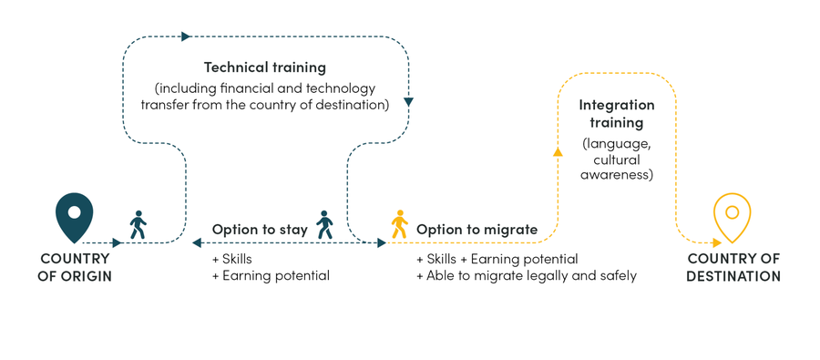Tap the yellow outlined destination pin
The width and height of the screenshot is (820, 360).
tap(732, 217)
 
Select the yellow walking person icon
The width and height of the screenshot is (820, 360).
tap(399, 224)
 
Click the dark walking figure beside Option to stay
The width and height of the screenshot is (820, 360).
tap(325, 224)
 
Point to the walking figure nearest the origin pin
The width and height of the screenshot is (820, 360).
tap(138, 224)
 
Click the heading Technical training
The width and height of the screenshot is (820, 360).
tap(264, 67)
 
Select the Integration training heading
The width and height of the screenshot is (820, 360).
tap(617, 114)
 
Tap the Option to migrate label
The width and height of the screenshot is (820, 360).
tap(477, 230)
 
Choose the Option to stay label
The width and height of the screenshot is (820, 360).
tap(260, 230)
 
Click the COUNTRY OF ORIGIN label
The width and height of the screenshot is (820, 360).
tap(76, 267)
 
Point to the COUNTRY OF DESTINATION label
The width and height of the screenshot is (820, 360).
tap(733, 267)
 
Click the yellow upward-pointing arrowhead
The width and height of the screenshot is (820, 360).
tap(558, 152)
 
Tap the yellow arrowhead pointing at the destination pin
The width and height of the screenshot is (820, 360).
tap(716, 242)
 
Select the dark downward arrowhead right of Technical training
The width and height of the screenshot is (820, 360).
tap(408, 102)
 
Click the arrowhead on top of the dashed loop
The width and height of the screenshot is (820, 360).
tap(186, 36)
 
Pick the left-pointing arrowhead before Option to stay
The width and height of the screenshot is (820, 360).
tap(197, 242)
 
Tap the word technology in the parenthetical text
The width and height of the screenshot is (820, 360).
tap(338, 88)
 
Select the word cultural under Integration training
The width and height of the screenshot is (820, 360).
tap(617, 159)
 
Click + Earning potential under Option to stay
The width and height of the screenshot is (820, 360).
tap(271, 275)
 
